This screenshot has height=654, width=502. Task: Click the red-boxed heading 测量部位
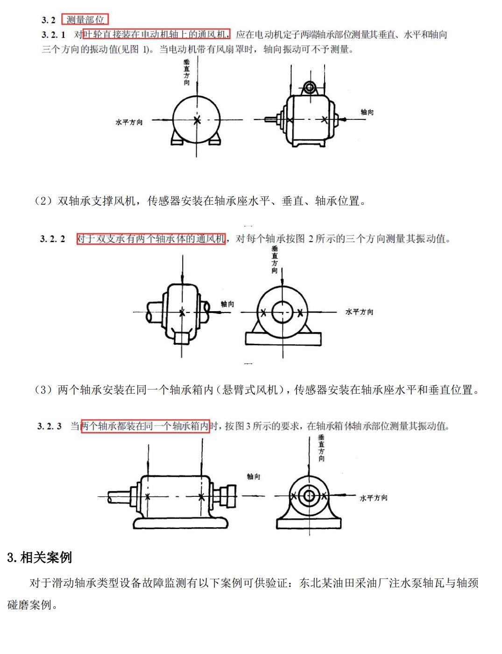click(x=85, y=20)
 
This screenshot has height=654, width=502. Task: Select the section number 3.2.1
click(x=53, y=35)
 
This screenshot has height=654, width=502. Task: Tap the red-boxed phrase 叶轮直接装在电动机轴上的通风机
click(x=156, y=34)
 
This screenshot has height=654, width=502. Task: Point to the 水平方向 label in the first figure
click(x=129, y=122)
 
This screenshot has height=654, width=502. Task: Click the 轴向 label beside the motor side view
click(x=367, y=112)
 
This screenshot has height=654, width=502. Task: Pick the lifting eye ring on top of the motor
click(x=309, y=87)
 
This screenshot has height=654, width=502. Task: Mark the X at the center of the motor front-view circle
click(x=197, y=120)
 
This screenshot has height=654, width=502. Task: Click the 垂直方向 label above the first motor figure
click(x=187, y=72)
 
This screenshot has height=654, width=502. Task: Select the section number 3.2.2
click(x=52, y=239)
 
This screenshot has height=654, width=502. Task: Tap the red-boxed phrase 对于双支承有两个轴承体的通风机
click(x=151, y=239)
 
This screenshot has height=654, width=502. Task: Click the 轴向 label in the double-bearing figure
click(x=227, y=304)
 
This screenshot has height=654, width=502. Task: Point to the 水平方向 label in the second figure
click(x=359, y=312)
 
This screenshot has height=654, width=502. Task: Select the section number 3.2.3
click(x=49, y=426)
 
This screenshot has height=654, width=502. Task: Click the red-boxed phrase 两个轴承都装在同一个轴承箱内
click(x=145, y=426)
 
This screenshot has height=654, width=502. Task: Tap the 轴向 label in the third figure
click(x=254, y=476)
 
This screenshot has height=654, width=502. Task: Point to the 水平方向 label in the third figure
click(x=373, y=498)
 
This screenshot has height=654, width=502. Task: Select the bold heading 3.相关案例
click(x=40, y=557)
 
